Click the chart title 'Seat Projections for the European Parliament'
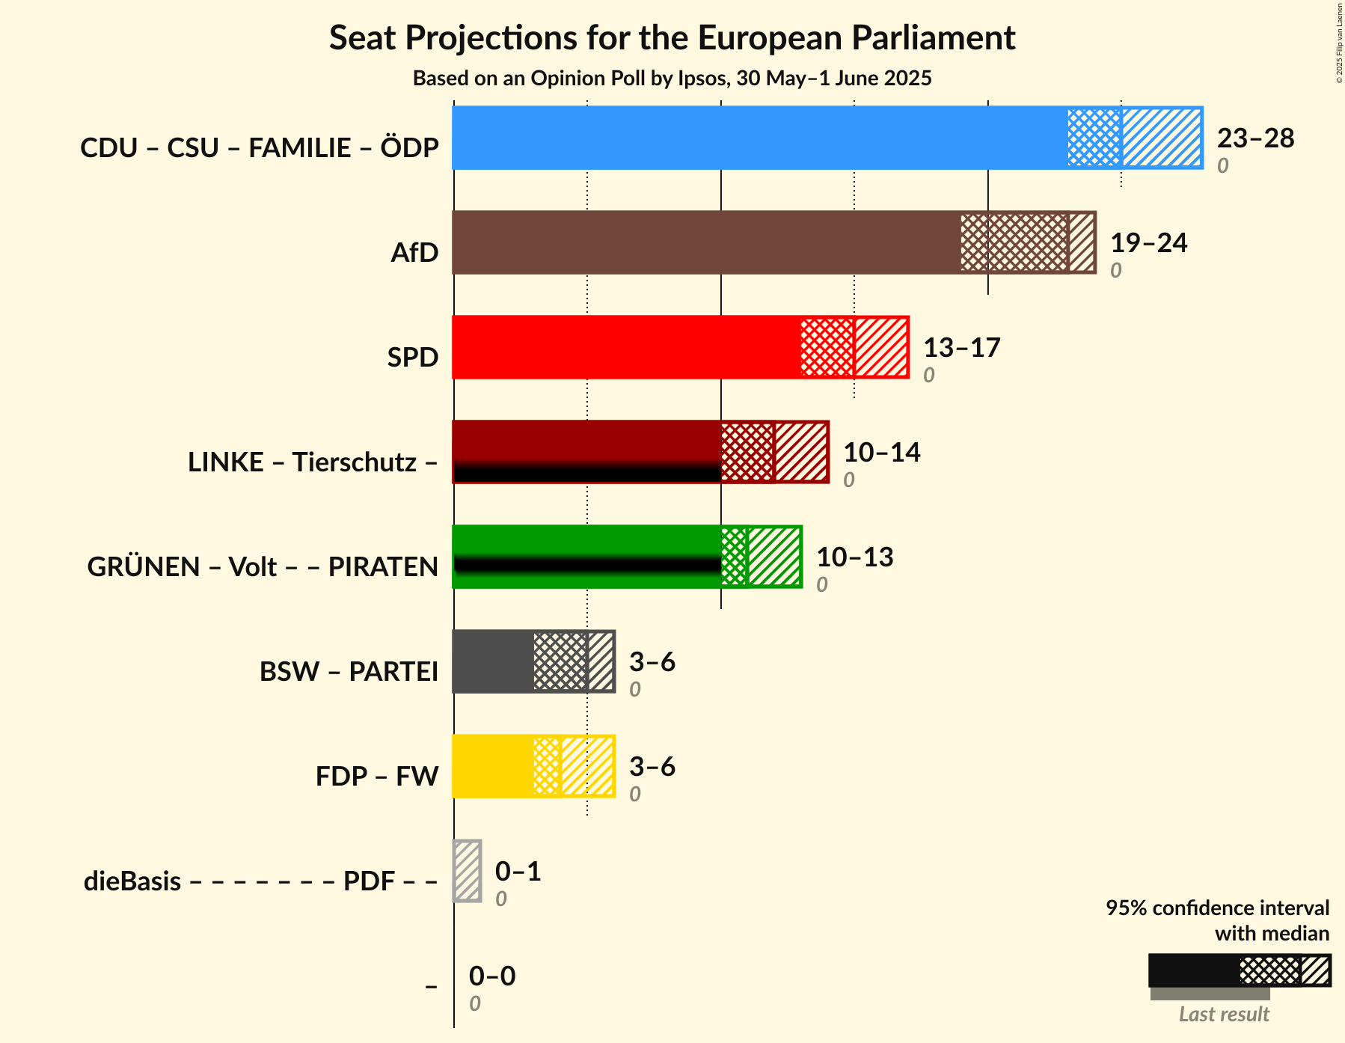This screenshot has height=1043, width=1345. (672, 37)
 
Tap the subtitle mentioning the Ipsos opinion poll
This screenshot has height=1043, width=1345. (672, 79)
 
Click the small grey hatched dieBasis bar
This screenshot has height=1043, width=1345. (468, 871)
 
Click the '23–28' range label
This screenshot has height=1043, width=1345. (1255, 138)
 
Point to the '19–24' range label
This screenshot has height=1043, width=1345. (1148, 243)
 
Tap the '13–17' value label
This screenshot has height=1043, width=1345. (961, 348)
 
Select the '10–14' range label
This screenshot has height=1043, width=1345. (881, 453)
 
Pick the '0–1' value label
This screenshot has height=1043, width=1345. (518, 872)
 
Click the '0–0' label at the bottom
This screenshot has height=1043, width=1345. (492, 976)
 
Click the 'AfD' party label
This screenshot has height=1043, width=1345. (414, 253)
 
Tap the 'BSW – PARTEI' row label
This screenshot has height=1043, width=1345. (349, 672)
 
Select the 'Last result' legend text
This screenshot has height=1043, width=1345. (1224, 1015)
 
